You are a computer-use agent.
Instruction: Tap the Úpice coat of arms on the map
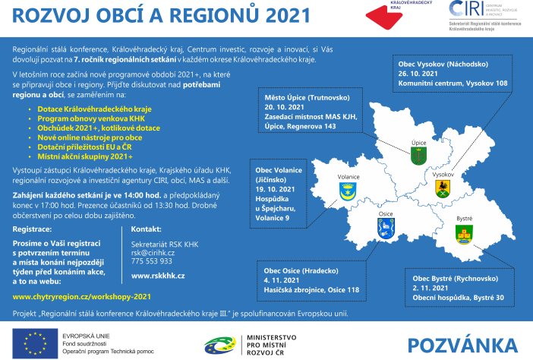coord(417,156)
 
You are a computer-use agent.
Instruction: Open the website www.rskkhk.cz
coord(158,276)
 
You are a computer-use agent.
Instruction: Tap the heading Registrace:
coord(33,228)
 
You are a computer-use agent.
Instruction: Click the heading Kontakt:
coord(147,228)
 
